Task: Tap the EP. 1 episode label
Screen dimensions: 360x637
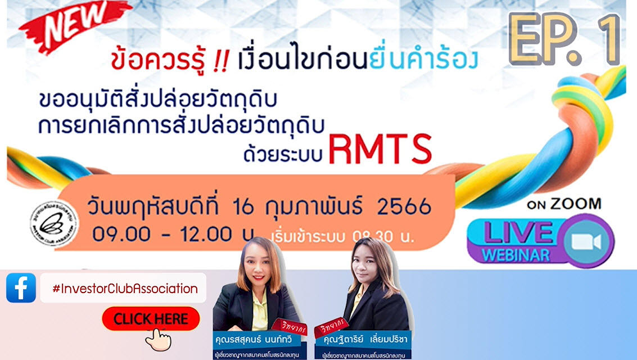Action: (x=564, y=39)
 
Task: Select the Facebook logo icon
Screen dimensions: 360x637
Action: (x=21, y=288)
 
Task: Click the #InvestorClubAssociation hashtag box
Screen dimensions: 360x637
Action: (x=124, y=289)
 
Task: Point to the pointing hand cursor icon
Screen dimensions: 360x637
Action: (x=158, y=338)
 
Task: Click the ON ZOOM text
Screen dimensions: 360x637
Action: (x=563, y=204)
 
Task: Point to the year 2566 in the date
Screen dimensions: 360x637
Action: (x=403, y=207)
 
